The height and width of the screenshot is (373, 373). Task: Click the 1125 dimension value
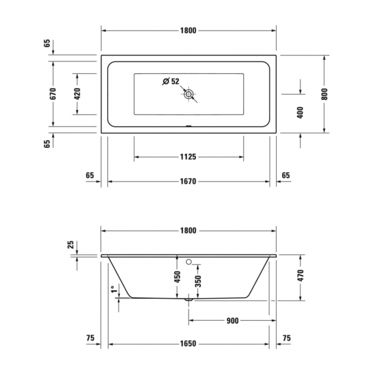click(x=188, y=157)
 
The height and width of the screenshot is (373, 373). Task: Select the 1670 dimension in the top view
click(x=188, y=181)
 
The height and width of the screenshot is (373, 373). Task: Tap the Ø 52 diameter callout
click(x=170, y=81)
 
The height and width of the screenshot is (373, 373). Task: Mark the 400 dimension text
click(x=300, y=112)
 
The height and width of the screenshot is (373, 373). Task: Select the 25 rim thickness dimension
click(x=71, y=246)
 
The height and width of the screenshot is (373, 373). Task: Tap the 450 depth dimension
click(x=178, y=277)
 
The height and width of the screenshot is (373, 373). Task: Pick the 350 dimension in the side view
click(x=198, y=281)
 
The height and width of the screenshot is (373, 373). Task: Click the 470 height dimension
click(x=300, y=276)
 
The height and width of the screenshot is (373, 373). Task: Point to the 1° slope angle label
click(x=114, y=291)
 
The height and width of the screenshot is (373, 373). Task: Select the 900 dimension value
click(x=232, y=321)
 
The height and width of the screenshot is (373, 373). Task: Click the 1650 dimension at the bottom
click(x=188, y=344)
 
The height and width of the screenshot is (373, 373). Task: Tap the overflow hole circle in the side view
click(x=189, y=262)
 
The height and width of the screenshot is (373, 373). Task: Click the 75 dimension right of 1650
click(x=286, y=339)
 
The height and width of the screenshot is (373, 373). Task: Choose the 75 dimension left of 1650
click(x=90, y=339)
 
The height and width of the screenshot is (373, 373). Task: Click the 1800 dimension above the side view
click(x=188, y=231)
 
